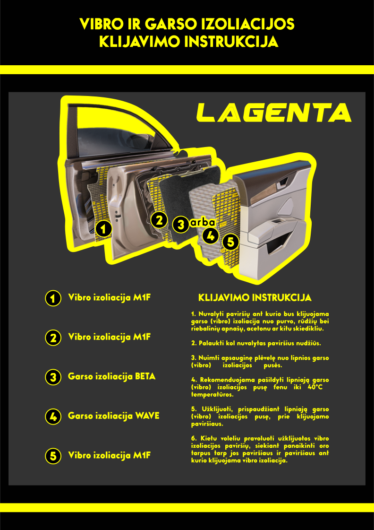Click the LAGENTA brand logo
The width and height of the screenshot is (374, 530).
pos(274,112)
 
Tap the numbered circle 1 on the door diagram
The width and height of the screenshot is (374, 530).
pos(103,229)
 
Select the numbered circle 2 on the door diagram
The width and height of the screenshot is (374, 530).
pos(159,220)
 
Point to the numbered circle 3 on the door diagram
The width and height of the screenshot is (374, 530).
pos(181,225)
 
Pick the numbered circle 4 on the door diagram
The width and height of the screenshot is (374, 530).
pos(211,235)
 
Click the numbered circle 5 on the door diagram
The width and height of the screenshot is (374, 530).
pos(231,242)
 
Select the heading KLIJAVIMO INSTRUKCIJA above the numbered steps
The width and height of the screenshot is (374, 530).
pos(255,298)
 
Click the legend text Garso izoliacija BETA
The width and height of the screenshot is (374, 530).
pos(112,376)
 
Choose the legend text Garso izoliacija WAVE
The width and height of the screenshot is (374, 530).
pos(114,416)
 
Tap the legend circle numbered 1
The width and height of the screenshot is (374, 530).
pos(53,298)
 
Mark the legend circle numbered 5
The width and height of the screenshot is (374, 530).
pos(53,456)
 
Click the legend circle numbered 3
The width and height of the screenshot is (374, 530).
pos(53,377)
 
